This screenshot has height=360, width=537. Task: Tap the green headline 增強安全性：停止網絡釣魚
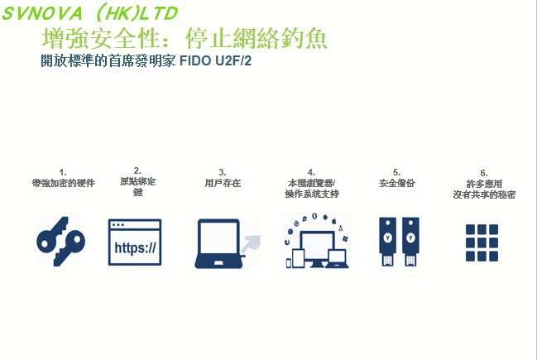click(184, 38)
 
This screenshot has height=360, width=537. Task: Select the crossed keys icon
click(60, 241)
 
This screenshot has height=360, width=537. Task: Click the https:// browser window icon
click(135, 242)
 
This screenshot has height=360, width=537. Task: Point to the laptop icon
click(218, 244)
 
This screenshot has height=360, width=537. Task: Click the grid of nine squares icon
click(481, 242)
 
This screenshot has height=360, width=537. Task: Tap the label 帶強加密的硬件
click(63, 183)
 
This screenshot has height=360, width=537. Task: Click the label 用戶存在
click(222, 183)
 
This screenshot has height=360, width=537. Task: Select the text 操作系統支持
click(311, 193)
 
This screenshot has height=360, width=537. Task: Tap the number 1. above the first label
click(63, 172)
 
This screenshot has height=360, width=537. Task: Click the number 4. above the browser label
click(311, 172)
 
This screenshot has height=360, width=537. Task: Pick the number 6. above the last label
click(484, 172)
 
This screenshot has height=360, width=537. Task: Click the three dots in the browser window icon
click(119, 225)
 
